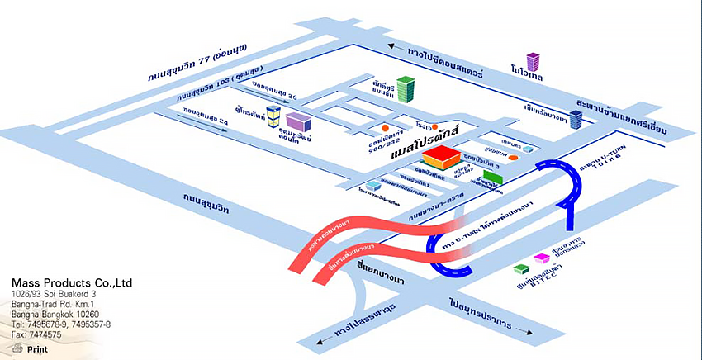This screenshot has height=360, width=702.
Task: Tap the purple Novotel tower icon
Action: point(533,62)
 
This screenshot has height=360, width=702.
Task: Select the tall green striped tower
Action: point(405,88)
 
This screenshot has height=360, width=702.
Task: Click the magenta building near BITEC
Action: point(542,258)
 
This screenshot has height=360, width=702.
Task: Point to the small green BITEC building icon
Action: point(520,268)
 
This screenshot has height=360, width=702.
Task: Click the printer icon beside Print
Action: point(17,348)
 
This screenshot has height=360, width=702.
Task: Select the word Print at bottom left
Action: point(37,349)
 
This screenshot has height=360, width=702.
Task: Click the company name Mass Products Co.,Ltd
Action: point(72,283)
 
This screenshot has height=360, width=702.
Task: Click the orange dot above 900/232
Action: point(386,128)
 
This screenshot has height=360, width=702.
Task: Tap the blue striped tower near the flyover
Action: point(576,120)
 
